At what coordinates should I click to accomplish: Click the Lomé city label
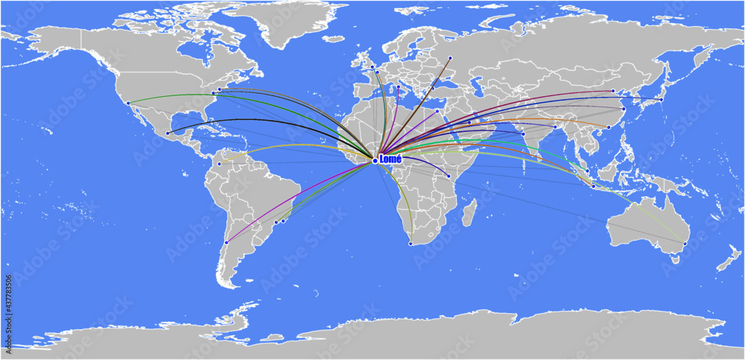390,159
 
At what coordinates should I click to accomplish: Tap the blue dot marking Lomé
375,160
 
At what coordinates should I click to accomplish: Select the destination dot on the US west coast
128,103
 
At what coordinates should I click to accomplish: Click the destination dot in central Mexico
168,133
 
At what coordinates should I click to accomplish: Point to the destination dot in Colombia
219,164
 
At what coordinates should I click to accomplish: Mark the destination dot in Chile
226,242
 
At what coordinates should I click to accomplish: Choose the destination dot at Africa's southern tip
410,243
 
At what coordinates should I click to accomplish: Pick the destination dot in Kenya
448,176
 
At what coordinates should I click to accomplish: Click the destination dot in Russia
450,57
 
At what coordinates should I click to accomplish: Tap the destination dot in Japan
661,99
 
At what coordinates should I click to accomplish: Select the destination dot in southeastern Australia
685,244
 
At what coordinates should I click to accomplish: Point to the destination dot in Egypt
437,110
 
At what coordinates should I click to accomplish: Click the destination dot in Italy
399,87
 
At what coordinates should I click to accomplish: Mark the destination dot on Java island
593,186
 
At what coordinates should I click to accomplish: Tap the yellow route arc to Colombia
298,145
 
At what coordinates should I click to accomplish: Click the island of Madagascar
469,212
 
